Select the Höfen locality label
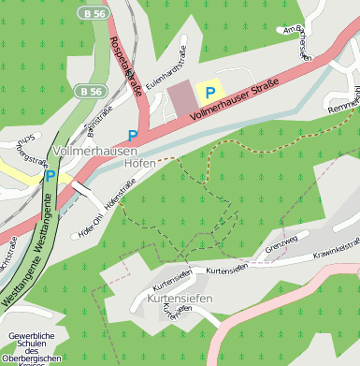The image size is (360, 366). pos(140,163)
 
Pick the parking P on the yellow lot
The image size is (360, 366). pos(210,92)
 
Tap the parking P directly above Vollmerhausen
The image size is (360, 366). pos(132,136)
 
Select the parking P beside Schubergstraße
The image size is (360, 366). pos(50,175)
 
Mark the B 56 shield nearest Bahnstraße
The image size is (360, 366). pos(91,92)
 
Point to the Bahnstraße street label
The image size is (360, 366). pos(100,122)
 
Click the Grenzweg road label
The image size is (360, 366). pos(281,250)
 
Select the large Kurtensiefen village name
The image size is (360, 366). pos(180,299)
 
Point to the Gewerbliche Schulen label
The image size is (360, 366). pos(35,346)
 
